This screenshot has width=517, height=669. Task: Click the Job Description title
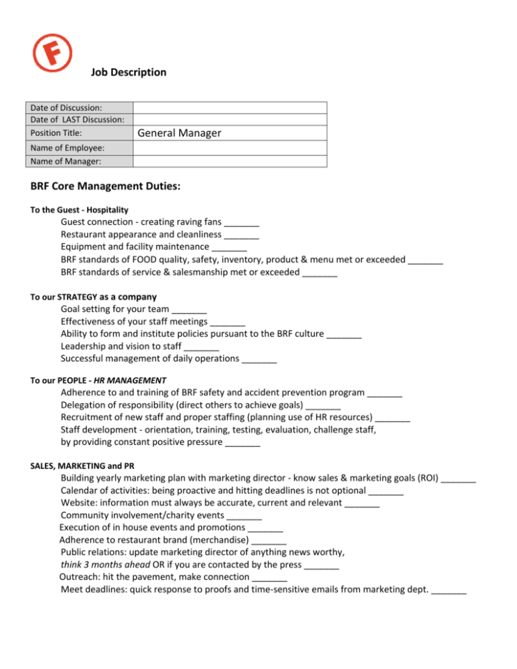click(128, 72)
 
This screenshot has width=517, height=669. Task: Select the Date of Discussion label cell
click(63, 108)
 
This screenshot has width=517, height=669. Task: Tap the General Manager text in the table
click(178, 134)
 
